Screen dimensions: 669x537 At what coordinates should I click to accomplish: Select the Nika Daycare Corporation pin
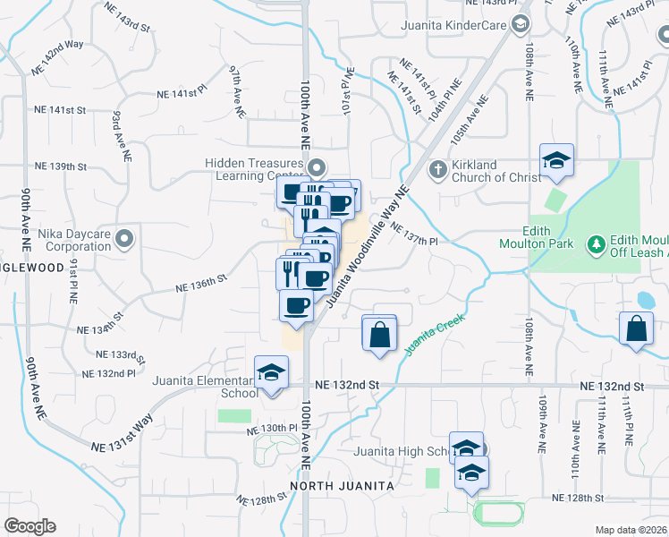pos(124,239)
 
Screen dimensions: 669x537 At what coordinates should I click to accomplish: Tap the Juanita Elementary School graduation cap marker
pos(271,373)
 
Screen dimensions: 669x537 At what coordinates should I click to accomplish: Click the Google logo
pos(30,525)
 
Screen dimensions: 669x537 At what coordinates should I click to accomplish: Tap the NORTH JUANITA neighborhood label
pos(342,486)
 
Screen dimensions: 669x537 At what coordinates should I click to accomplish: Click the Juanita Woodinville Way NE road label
pos(368,247)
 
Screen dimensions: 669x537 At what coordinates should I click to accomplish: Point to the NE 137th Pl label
pos(413,234)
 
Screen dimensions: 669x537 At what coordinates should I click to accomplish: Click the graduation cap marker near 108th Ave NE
pos(556,160)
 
